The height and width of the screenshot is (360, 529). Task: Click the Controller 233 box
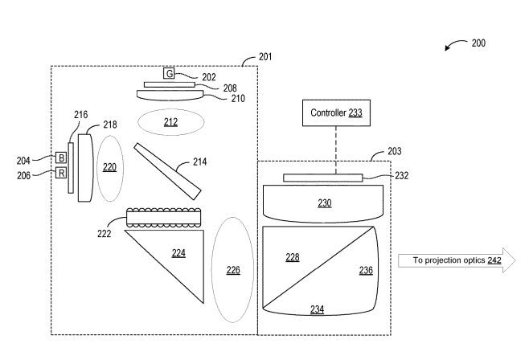336,113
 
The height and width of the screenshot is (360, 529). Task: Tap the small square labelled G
169,73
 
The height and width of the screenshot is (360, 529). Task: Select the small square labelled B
61,157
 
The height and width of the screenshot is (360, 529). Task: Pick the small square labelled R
61,173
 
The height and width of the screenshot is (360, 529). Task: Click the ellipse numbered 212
170,122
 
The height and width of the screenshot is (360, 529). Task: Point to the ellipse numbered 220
110,169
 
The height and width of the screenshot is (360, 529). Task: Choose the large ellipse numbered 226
233,270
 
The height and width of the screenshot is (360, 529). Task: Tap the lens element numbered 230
323,203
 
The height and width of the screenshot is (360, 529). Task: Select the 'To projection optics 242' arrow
457,260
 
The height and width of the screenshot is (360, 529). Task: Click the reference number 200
478,43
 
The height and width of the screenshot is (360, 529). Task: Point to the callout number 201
265,56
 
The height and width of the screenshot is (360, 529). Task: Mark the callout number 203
395,151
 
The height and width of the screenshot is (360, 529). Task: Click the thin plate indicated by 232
323,178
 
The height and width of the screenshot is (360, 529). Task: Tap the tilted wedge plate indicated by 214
168,171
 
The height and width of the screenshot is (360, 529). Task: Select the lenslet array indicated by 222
164,218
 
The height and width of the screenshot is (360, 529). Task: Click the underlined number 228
293,257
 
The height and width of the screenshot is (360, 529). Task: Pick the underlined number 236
366,270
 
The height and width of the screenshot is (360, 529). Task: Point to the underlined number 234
317,309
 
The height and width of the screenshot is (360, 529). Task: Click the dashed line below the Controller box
336,150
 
